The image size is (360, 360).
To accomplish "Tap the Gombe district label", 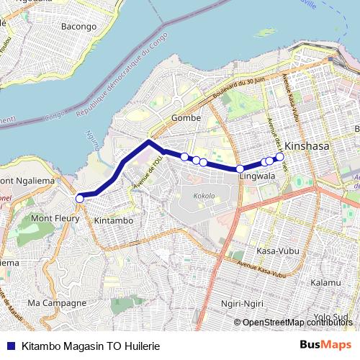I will click(186, 118).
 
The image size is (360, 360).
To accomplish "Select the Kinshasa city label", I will click(307, 145).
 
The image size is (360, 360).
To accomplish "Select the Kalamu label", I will click(324, 284).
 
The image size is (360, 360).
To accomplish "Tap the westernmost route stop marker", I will click(80, 198).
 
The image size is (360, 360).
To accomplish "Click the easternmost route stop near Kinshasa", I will click(280, 157).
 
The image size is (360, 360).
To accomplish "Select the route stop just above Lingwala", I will click(240, 169).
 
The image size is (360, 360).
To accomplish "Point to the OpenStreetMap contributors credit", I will click(297, 323).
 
